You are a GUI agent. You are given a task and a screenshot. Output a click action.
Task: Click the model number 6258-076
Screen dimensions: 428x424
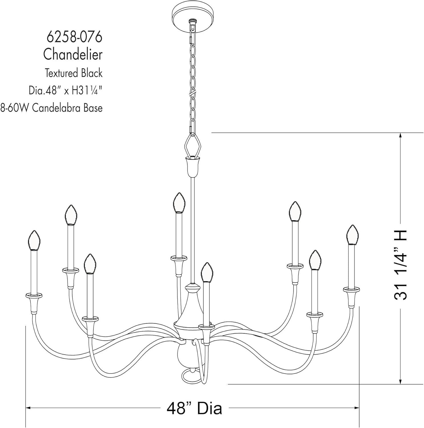(x=74, y=37)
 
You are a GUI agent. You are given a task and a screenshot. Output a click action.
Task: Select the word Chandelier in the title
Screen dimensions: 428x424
(x=73, y=54)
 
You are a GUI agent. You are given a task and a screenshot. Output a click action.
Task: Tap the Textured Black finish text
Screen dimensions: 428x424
(x=73, y=73)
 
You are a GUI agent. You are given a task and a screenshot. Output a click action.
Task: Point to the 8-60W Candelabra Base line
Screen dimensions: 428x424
(x=51, y=108)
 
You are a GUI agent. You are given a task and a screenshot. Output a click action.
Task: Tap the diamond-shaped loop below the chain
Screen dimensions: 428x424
(x=193, y=146)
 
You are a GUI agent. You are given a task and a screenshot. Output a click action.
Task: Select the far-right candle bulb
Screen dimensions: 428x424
(x=352, y=235)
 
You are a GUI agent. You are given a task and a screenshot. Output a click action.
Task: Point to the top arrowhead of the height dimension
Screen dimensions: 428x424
(x=401, y=136)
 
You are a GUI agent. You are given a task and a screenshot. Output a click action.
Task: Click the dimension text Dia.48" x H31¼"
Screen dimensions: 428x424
(x=65, y=91)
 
